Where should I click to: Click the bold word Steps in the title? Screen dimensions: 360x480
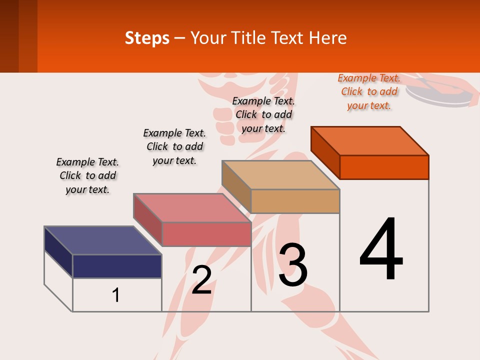click(x=147, y=38)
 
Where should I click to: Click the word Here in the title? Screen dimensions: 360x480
click(x=327, y=38)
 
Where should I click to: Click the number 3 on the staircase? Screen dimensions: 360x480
click(x=293, y=264)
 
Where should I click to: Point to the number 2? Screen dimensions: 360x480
click(x=201, y=279)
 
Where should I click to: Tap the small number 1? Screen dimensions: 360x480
click(x=116, y=295)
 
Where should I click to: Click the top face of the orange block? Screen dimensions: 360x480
click(x=370, y=140)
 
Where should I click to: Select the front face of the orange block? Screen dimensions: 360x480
click(x=384, y=167)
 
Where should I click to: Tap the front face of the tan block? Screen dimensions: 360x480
click(x=295, y=201)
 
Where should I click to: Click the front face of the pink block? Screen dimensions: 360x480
click(x=206, y=234)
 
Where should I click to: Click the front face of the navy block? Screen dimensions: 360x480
click(x=117, y=266)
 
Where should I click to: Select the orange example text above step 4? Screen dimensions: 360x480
click(x=369, y=92)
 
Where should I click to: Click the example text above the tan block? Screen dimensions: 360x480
click(x=263, y=114)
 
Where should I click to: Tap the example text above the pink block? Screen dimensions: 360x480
click(x=174, y=146)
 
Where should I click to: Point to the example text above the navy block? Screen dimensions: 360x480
click(x=87, y=175)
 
